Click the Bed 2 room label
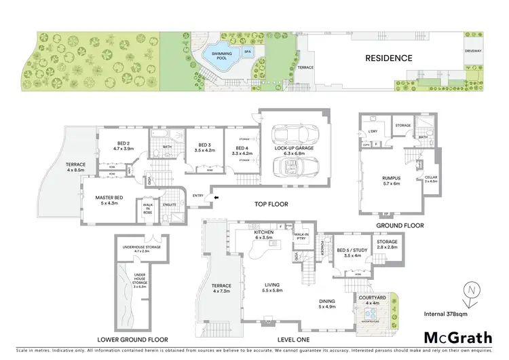click(x=123, y=145)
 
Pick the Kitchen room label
click(x=263, y=234)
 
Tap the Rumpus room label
click(x=392, y=182)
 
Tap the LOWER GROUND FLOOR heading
click(x=132, y=338)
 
